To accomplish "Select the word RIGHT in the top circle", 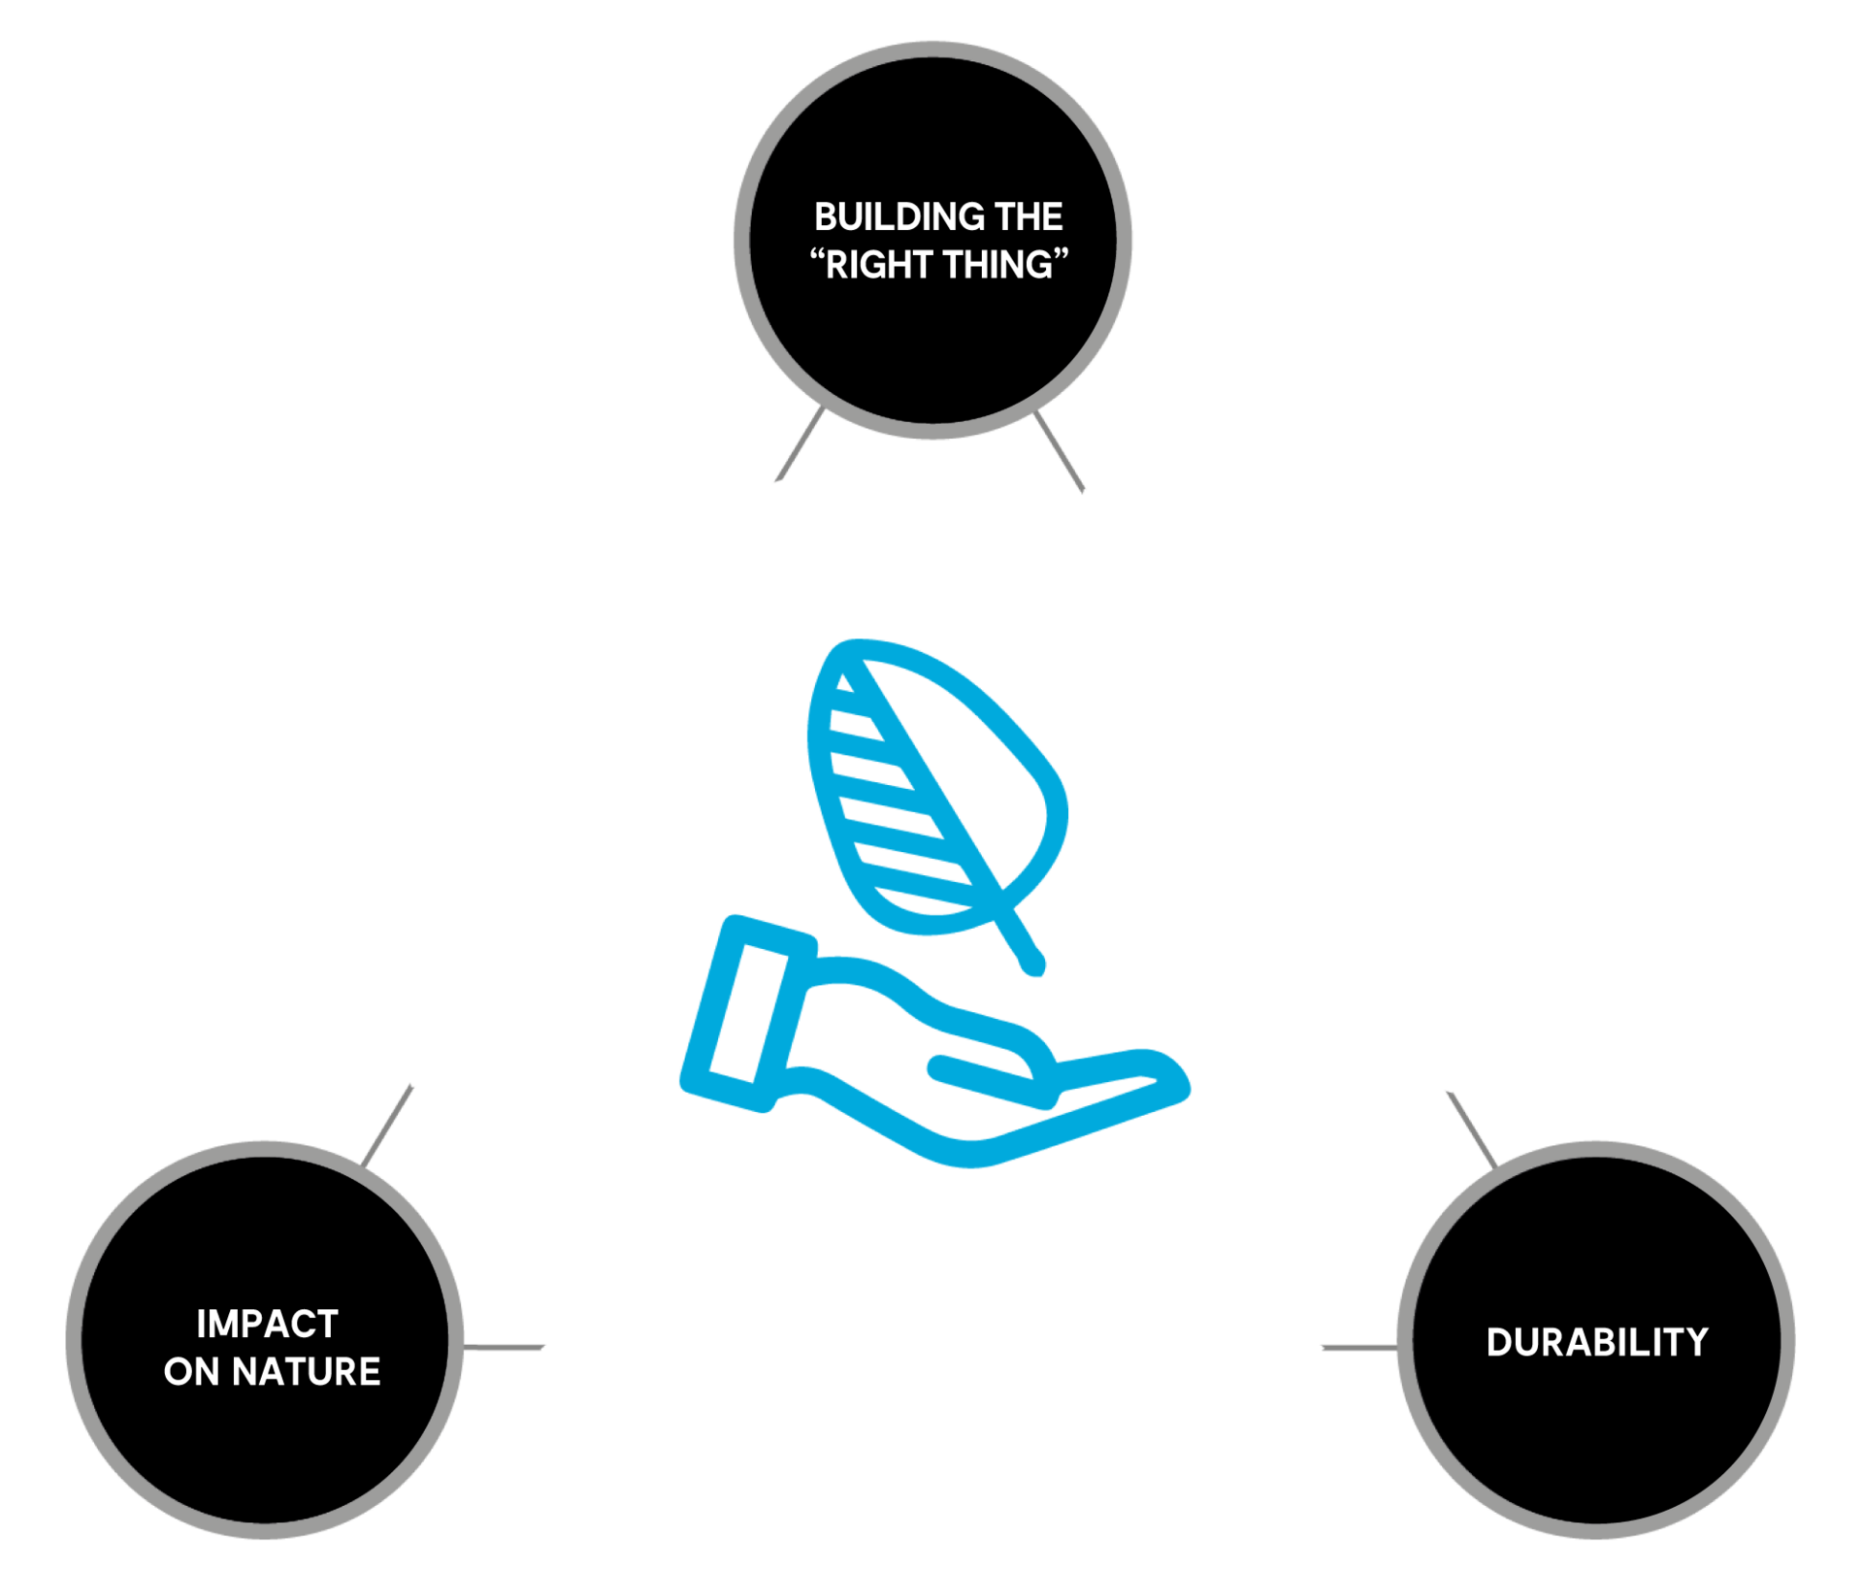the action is point(878,265).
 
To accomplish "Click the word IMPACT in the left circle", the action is point(267,1325).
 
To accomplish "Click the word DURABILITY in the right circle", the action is point(1597,1342).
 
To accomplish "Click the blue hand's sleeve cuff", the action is point(749,1013).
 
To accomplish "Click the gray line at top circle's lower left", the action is point(801,443).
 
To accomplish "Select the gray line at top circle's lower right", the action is point(1059,451).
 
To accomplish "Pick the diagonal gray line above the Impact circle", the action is point(387,1126).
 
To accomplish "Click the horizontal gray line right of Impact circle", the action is point(504,1347).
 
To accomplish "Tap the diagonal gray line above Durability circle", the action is point(1472,1130).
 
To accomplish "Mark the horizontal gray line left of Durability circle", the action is point(1360,1347).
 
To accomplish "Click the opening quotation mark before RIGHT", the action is point(817,255).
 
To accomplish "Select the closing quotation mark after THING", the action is point(1061,255).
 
